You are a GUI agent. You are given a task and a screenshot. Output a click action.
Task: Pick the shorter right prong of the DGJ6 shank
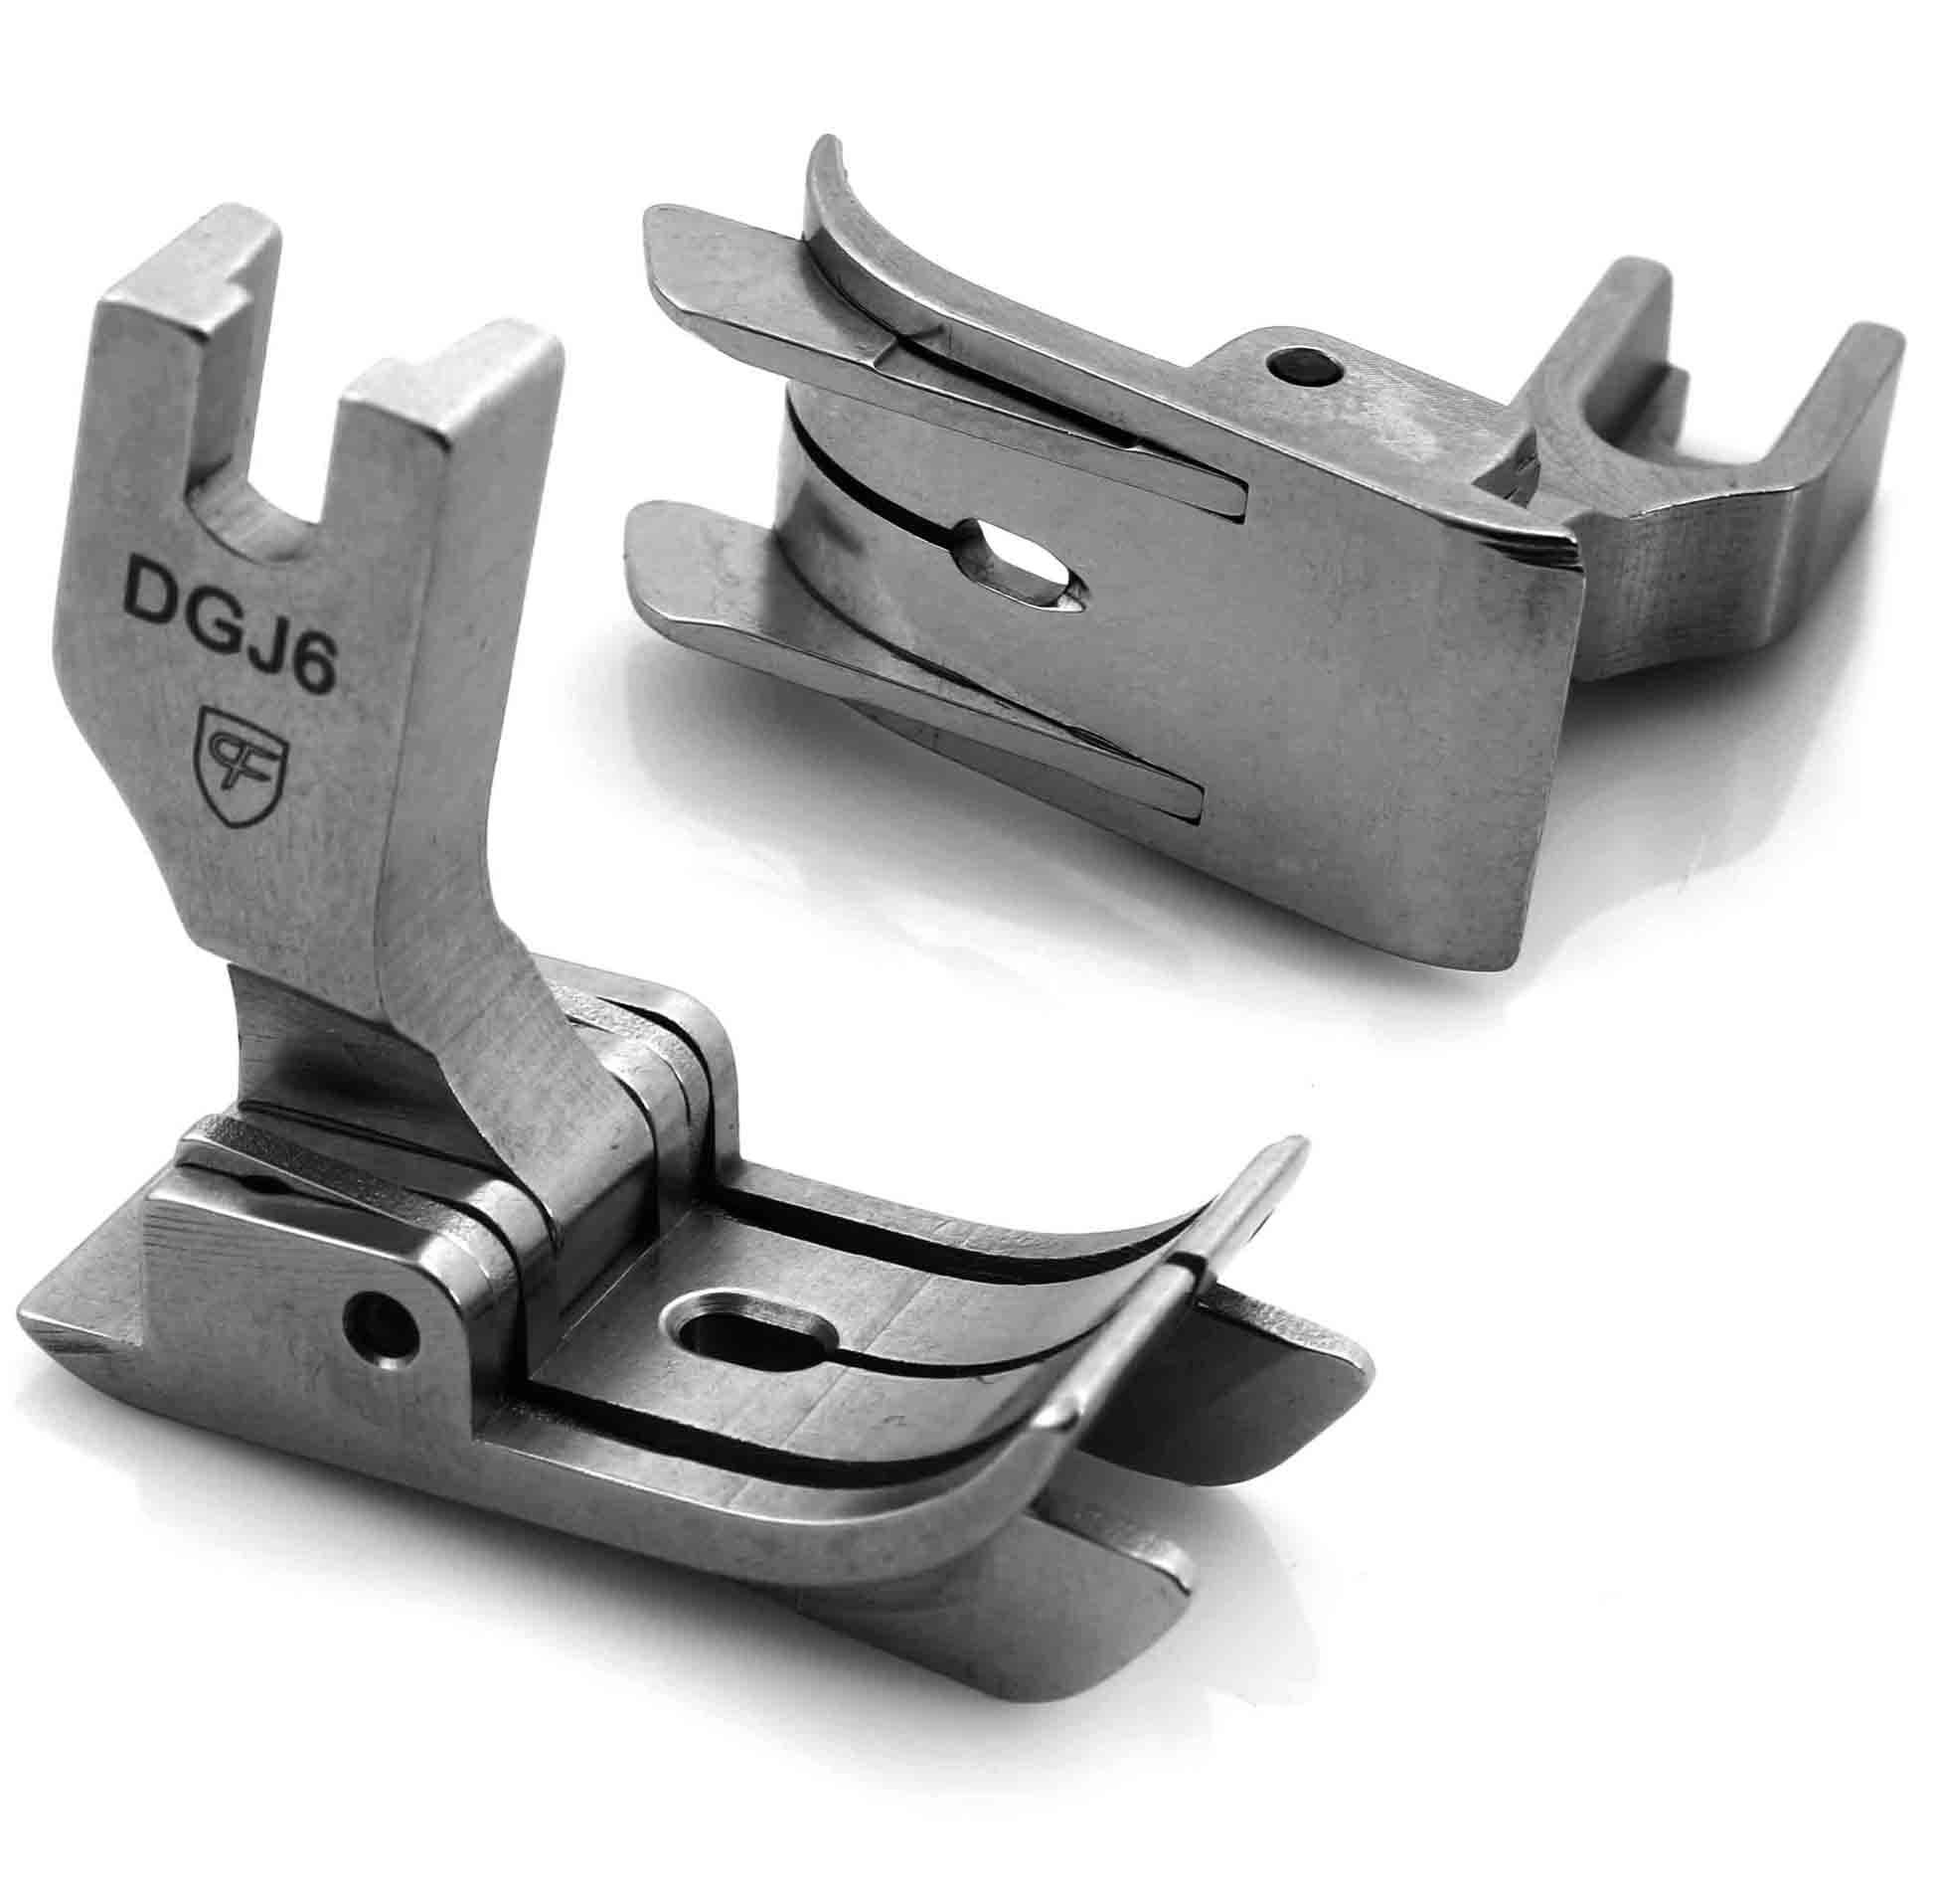(457, 398)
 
